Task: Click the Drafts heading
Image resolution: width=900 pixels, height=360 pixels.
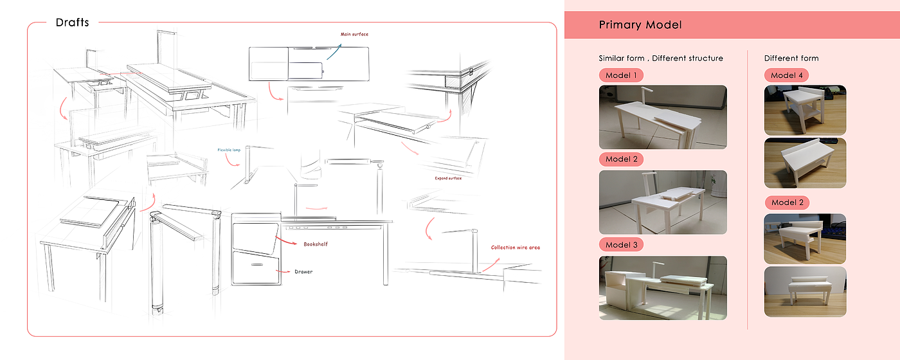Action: pyautogui.click(x=72, y=22)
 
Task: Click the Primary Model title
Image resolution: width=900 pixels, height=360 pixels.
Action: pyautogui.click(x=640, y=25)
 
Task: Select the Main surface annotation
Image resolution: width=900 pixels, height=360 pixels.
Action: pyautogui.click(x=354, y=34)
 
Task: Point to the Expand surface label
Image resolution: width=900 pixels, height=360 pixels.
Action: pyautogui.click(x=448, y=178)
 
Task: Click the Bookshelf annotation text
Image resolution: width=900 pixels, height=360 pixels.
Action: pyautogui.click(x=317, y=244)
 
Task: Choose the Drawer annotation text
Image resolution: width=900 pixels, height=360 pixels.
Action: pyautogui.click(x=303, y=272)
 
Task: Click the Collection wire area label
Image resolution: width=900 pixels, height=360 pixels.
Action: pyautogui.click(x=515, y=248)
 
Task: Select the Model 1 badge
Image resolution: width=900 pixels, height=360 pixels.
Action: pyautogui.click(x=621, y=75)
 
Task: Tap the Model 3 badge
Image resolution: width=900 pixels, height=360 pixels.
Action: pyautogui.click(x=621, y=245)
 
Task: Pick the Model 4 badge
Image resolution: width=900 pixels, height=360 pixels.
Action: pyautogui.click(x=786, y=75)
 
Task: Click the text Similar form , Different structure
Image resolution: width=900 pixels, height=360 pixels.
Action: pyautogui.click(x=661, y=59)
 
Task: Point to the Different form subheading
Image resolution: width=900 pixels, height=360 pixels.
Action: pyautogui.click(x=791, y=59)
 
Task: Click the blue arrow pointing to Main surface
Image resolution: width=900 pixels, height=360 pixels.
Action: pyautogui.click(x=334, y=49)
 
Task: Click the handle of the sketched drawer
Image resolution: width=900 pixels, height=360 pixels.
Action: pyautogui.click(x=256, y=264)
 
